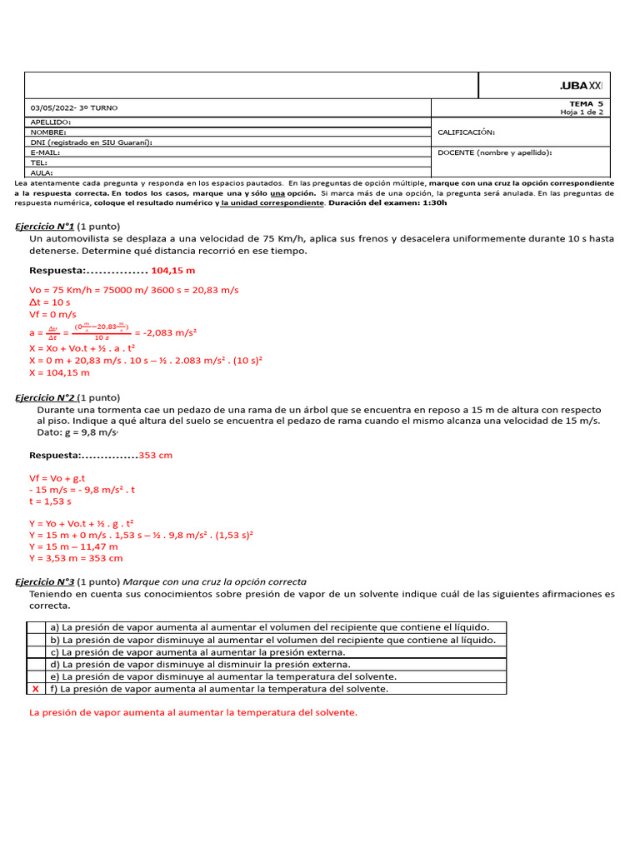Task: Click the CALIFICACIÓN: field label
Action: point(466,132)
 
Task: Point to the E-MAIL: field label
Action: point(46,152)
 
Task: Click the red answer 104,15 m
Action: point(173,271)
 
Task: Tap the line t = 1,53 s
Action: point(50,501)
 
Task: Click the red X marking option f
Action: point(36,689)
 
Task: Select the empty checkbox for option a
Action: point(36,627)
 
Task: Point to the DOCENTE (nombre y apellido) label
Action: point(495,152)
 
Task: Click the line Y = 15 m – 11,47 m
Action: point(73,546)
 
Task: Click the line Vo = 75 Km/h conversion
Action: point(133,289)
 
